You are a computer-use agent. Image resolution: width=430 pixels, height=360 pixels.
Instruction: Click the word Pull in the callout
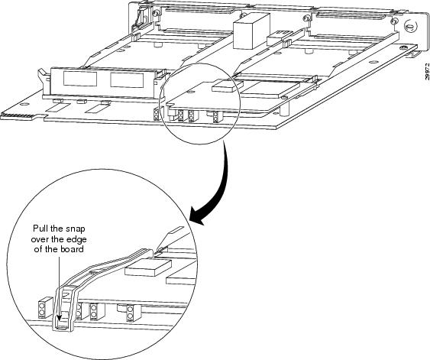click(x=40, y=229)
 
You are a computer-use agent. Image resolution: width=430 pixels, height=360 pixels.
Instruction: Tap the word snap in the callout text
click(x=76, y=229)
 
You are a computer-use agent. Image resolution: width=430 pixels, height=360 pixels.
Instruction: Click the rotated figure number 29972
click(x=427, y=72)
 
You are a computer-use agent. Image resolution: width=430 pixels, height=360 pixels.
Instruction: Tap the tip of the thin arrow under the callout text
click(x=60, y=320)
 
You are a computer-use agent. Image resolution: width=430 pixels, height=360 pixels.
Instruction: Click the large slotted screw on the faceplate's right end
click(x=409, y=27)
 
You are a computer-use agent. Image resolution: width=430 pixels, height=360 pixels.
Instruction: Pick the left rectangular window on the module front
click(x=80, y=79)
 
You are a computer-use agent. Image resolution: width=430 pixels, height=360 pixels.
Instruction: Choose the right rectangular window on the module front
click(x=127, y=80)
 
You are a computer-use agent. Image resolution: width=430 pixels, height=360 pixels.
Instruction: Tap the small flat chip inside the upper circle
click(x=225, y=87)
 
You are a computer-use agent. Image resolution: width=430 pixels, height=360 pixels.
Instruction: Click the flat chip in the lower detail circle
click(x=148, y=268)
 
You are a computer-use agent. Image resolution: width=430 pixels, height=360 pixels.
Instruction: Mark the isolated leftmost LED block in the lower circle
click(x=42, y=309)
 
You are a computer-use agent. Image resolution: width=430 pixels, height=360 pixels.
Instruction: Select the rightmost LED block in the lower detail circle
click(x=130, y=313)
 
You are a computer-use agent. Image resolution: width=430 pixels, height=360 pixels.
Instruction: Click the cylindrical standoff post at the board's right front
click(x=285, y=109)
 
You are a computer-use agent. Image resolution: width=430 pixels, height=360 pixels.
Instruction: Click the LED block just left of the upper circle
click(x=157, y=115)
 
